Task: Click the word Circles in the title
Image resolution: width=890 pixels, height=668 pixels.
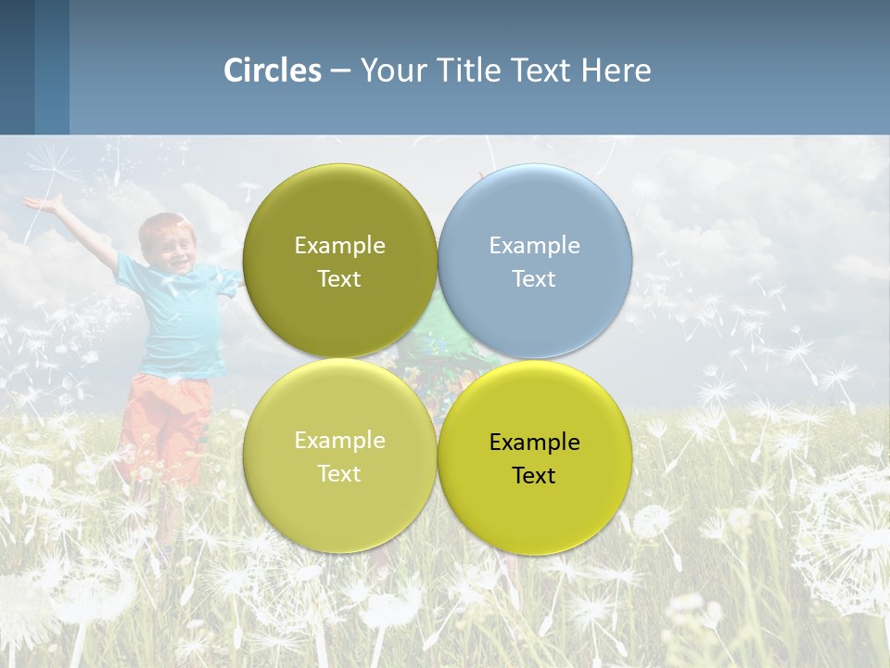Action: pos(273,71)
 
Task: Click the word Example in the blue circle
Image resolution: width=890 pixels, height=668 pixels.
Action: pos(534,246)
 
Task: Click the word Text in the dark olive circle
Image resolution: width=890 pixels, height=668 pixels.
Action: pos(339,279)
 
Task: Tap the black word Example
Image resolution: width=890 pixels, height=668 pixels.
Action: pos(534,443)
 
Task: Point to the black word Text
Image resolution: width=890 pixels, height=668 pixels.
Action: pos(534,476)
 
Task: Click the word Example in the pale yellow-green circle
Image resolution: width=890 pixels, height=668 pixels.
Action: pos(339,441)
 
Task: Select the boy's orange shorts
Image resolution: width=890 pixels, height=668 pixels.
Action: pos(167,417)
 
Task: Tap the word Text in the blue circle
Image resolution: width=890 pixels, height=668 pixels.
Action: pos(534,279)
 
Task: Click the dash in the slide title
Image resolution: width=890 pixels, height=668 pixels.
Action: pos(340,71)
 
